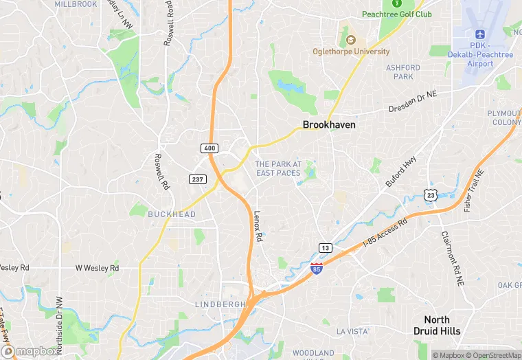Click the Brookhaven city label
(x=329, y=125)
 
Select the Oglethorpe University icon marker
(x=351, y=39)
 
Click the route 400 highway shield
(x=209, y=148)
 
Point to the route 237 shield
(x=197, y=179)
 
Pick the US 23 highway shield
(x=431, y=196)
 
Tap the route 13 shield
(x=326, y=247)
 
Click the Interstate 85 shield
(x=317, y=269)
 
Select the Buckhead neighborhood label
(x=172, y=214)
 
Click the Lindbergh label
(x=220, y=304)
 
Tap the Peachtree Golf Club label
(x=397, y=14)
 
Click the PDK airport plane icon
(x=479, y=34)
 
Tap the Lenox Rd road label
(x=258, y=226)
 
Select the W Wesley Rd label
(x=97, y=267)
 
